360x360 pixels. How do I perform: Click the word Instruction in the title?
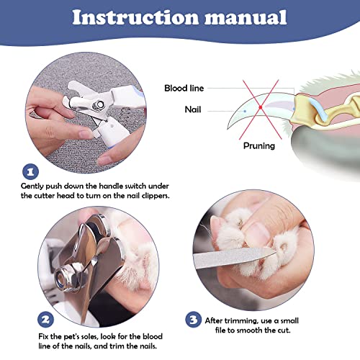coord(135,17)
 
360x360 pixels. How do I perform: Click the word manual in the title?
coord(246,17)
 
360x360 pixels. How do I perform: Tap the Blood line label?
coord(184,88)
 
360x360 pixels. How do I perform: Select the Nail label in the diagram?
coord(193,109)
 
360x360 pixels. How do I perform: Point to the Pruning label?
coord(259,145)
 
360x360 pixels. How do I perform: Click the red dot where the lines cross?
coord(261,107)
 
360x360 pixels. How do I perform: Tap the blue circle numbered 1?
coord(30,171)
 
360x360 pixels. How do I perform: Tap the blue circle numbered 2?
coord(45,320)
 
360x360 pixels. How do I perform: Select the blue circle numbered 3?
coord(194,320)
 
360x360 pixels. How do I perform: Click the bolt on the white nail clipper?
coord(99,104)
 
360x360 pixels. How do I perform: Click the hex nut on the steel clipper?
coord(63,278)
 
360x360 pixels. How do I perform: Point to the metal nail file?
coord(235,258)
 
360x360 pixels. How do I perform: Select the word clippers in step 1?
coord(156,196)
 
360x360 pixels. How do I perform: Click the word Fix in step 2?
coord(43,336)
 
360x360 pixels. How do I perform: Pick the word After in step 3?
coord(213,321)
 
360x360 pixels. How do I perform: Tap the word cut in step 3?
coord(284,330)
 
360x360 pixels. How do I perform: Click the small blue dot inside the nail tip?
coord(245,112)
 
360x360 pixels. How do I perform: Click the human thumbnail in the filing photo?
coord(257,235)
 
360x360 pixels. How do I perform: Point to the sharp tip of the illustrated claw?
coord(228,129)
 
